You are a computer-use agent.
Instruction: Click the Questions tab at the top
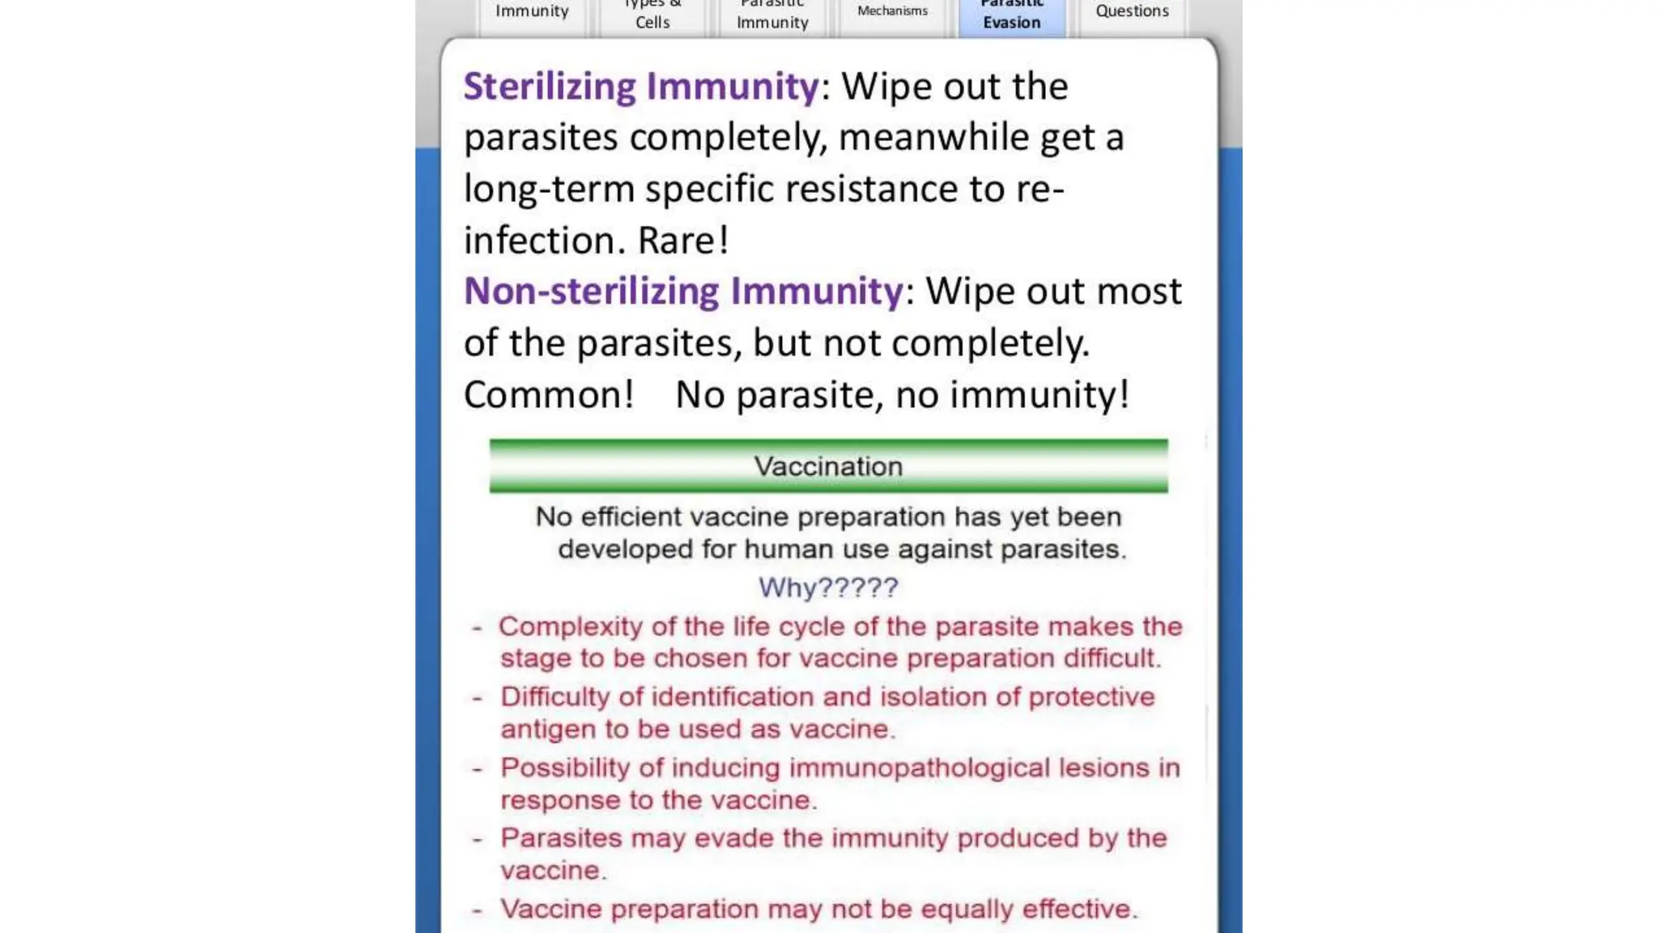pyautogui.click(x=1132, y=11)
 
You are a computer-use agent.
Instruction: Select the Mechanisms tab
pyautogui.click(x=892, y=11)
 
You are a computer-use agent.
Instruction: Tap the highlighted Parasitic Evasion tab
pyautogui.click(x=1012, y=16)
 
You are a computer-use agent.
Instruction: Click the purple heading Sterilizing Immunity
pyautogui.click(x=640, y=87)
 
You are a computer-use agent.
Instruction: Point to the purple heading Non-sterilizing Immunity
pyautogui.click(x=682, y=292)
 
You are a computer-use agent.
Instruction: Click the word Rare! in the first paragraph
pyautogui.click(x=683, y=241)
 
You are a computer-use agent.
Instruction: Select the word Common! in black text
pyautogui.click(x=548, y=395)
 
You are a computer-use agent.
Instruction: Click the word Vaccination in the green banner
pyautogui.click(x=828, y=466)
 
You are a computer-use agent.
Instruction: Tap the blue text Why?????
pyautogui.click(x=828, y=587)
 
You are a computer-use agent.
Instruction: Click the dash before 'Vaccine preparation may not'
pyautogui.click(x=478, y=910)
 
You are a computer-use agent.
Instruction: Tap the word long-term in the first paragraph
pyautogui.click(x=549, y=190)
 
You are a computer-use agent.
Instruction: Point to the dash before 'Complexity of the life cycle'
pyautogui.click(x=478, y=628)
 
